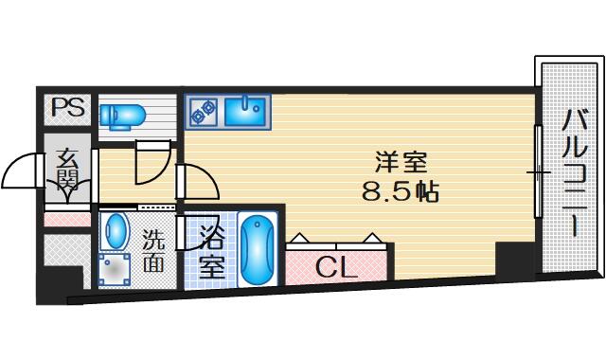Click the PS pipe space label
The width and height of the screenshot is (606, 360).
point(68,107)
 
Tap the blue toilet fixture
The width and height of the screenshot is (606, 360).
point(122,116)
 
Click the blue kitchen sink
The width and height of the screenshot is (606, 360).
point(245,112)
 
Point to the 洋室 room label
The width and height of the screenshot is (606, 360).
point(401,163)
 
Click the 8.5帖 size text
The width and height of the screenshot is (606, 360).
point(401,191)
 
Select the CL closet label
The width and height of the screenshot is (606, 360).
point(336,267)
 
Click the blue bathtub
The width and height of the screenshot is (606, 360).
point(258,250)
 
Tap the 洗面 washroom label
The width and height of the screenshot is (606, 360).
point(153,250)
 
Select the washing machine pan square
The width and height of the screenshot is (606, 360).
point(114,269)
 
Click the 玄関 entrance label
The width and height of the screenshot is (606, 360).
point(67,171)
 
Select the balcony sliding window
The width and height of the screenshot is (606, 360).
point(538,171)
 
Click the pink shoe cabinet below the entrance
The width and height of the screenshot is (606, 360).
point(67,219)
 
